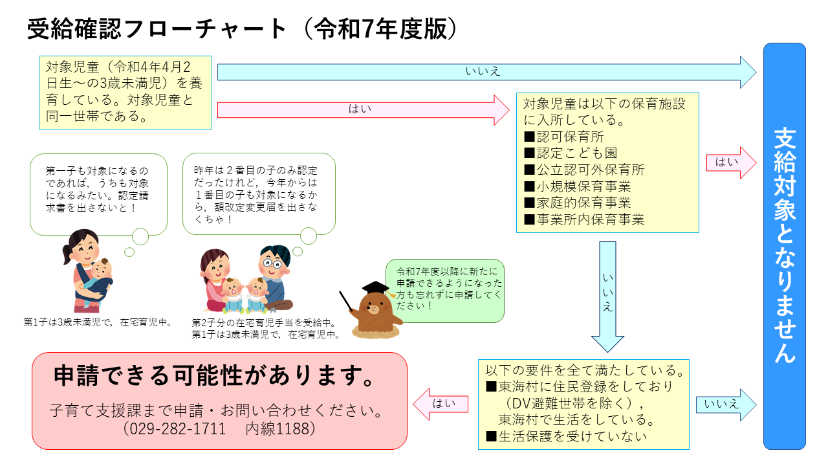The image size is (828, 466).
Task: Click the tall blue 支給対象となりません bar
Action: click(x=784, y=246)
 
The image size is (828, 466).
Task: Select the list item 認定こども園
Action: click(x=570, y=153)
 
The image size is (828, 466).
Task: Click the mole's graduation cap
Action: click(x=375, y=287)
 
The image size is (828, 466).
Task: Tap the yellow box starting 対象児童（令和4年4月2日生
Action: click(x=125, y=93)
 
